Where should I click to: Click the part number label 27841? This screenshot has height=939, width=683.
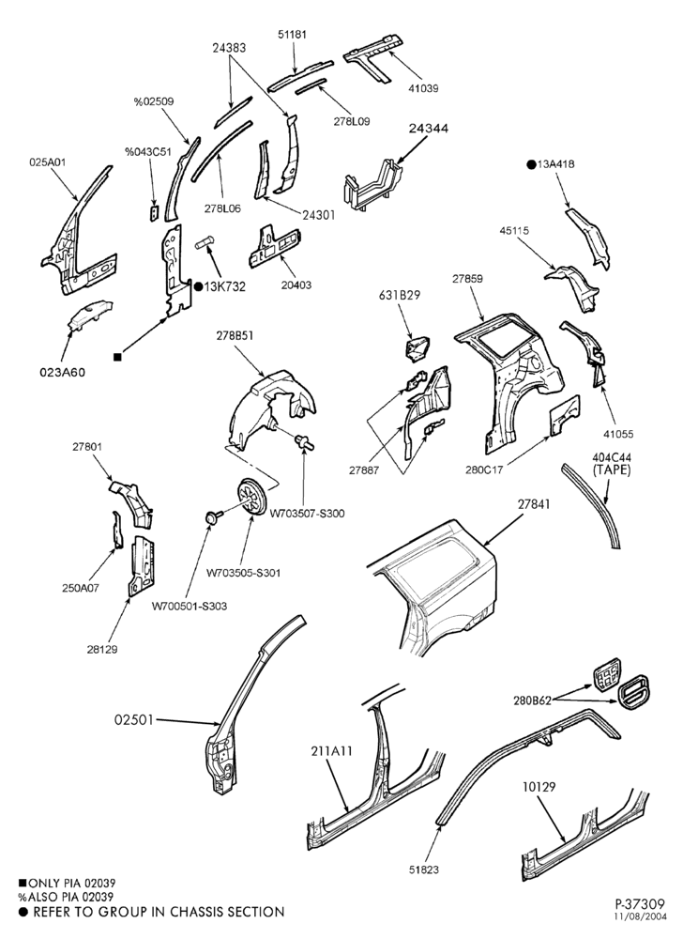click(533, 504)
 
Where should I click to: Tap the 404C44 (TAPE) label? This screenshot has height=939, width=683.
click(611, 464)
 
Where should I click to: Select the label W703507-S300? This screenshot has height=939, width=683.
click(307, 514)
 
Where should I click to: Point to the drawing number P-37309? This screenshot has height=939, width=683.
click(639, 902)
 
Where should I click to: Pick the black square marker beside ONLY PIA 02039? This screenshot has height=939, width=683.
click(23, 882)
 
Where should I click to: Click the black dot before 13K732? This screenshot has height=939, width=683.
click(199, 286)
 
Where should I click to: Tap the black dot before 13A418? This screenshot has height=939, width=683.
click(531, 164)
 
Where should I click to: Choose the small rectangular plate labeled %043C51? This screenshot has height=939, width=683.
click(154, 212)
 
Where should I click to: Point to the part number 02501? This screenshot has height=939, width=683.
click(133, 719)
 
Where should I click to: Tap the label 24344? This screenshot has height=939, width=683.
click(429, 128)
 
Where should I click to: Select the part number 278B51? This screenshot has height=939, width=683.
click(235, 336)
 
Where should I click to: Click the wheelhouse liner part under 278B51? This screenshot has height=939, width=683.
click(269, 410)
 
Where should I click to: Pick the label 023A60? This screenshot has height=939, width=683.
click(62, 372)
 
